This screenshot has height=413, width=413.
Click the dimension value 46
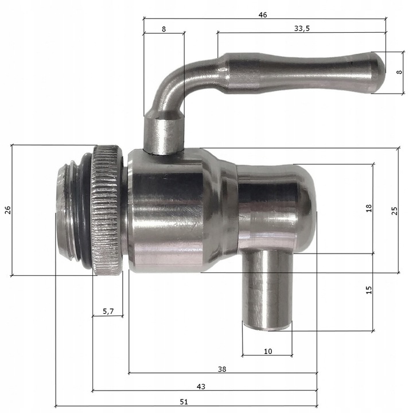pyautogui.click(x=263, y=15)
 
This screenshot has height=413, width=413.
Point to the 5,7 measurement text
pyautogui.click(x=108, y=311)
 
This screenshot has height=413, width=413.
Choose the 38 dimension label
pyautogui.click(x=223, y=369)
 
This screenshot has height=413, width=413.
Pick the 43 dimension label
pyautogui.click(x=201, y=387)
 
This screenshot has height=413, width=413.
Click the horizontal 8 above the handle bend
pyautogui.click(x=164, y=29)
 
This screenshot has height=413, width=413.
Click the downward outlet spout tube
pyautogui.click(x=267, y=293)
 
